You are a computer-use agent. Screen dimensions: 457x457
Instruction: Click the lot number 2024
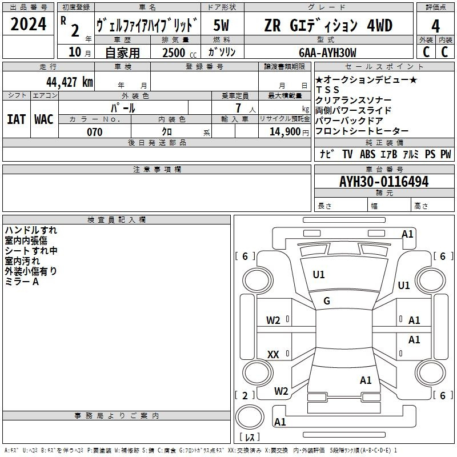29,25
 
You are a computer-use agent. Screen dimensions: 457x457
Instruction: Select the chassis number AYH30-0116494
384,182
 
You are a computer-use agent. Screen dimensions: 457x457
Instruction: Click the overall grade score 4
436,26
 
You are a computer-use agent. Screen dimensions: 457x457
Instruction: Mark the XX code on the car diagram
273,355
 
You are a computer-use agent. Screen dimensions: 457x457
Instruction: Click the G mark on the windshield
327,301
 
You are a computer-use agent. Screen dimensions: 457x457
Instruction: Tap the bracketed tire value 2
245,395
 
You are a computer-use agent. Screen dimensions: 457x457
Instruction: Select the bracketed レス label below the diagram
250,438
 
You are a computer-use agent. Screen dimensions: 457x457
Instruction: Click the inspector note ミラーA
22,282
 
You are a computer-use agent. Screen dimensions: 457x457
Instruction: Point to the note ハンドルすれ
31,230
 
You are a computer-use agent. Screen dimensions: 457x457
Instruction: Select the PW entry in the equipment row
445,154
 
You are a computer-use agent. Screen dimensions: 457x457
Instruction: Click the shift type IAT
16,119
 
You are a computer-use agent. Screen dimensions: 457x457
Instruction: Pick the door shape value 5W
222,26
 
